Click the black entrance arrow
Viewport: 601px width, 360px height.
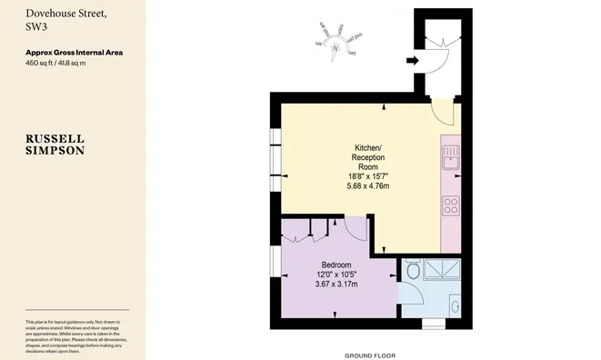tap(411, 62)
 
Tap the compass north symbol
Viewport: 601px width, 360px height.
tap(336, 46)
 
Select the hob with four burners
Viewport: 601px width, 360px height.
tap(450, 206)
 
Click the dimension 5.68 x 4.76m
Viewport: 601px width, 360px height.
tap(367, 185)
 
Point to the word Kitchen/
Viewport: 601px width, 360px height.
tap(368, 147)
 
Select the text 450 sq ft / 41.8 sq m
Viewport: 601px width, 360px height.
tap(62, 64)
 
